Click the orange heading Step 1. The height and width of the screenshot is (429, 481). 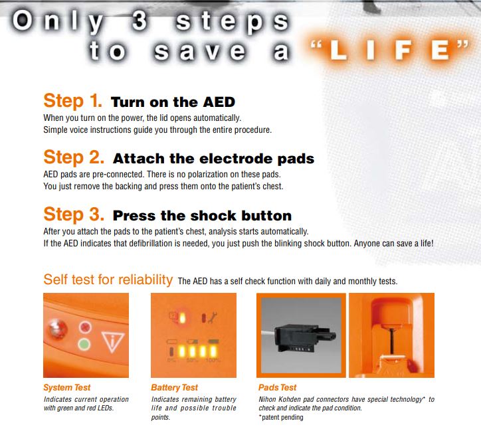click(72, 101)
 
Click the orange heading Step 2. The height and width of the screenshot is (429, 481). click(74, 157)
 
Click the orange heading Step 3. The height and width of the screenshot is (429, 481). click(74, 214)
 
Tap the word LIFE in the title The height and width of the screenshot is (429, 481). click(389, 50)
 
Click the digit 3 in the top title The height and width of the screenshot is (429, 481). click(140, 21)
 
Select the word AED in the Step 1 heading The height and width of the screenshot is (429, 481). click(219, 102)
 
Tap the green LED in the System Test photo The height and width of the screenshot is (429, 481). click(84, 344)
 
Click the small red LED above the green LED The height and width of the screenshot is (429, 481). click(85, 327)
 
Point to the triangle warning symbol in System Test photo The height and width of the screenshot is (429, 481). click(112, 341)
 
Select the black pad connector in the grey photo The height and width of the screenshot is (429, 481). click(304, 337)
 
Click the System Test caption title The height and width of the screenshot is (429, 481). click(67, 388)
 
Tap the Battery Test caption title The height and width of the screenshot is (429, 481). click(175, 388)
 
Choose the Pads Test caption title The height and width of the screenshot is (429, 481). click(278, 388)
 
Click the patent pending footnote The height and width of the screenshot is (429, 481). click(281, 417)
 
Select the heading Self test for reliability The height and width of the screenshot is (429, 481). click(108, 280)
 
